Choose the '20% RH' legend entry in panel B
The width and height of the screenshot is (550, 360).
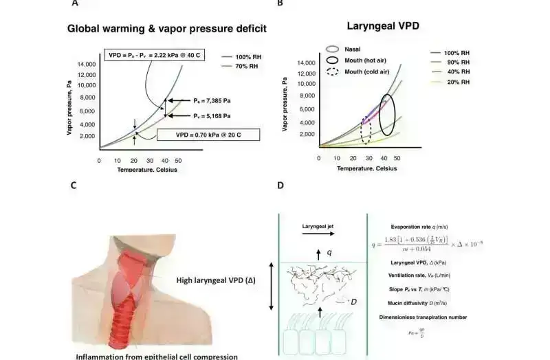(x=455, y=82)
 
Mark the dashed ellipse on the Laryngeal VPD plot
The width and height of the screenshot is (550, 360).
(x=366, y=130)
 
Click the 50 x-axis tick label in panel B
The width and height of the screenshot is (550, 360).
(x=397, y=158)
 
